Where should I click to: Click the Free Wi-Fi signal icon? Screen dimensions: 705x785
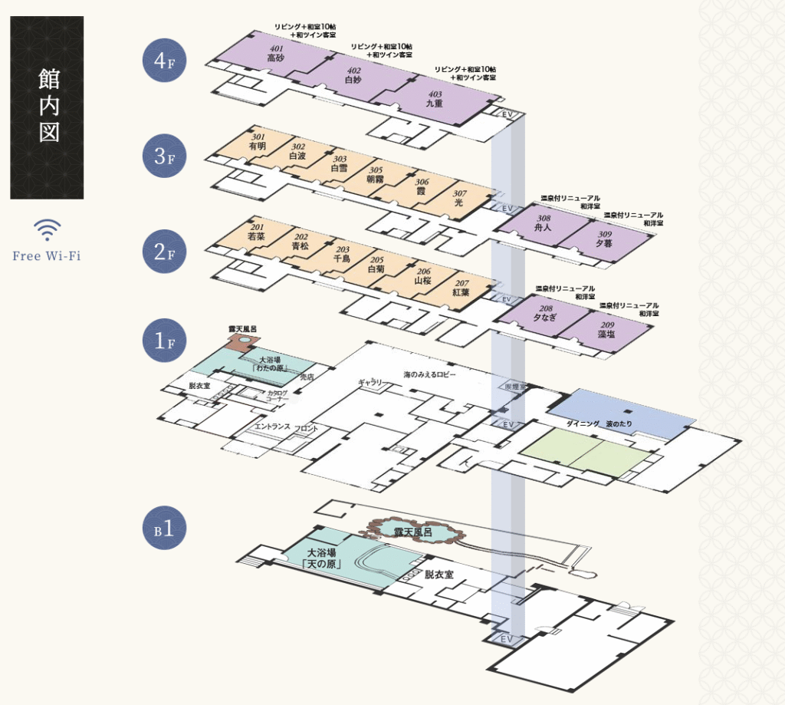[47, 229]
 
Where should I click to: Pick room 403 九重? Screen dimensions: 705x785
[435, 100]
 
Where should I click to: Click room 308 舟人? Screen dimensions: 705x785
[544, 225]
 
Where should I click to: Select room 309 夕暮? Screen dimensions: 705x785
[605, 240]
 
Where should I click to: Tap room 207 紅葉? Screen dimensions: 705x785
[461, 289]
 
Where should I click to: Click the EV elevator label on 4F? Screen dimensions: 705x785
[507, 114]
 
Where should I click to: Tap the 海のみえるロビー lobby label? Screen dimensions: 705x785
[430, 375]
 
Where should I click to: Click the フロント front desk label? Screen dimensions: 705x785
[307, 429]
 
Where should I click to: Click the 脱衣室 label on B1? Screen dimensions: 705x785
[439, 575]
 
